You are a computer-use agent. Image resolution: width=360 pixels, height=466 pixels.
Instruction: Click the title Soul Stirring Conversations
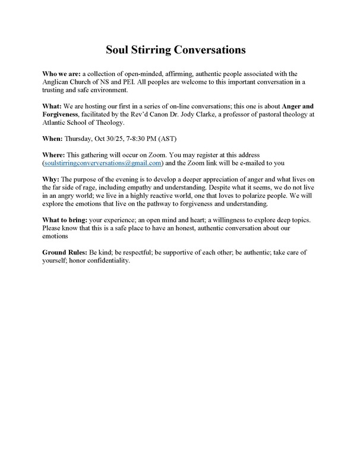(179, 49)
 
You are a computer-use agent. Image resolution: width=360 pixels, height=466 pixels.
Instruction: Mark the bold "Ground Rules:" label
(67, 252)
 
